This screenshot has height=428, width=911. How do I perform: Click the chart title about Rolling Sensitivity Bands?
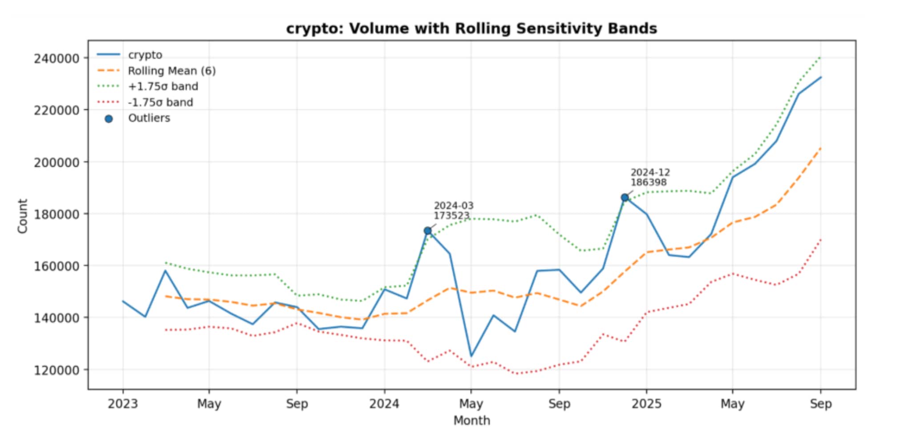pos(472,29)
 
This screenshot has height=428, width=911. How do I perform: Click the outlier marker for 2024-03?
pos(428,231)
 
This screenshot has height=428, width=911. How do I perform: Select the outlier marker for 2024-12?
pos(625,197)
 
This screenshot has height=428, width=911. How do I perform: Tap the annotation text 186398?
pos(649,183)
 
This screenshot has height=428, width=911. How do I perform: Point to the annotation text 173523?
pos(451,216)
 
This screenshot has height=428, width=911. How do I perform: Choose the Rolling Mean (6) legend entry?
pos(172,71)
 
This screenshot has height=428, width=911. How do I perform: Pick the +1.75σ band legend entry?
pos(163,86)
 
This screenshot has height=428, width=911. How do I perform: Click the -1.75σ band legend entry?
pos(160,102)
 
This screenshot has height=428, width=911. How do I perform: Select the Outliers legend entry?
pos(149,118)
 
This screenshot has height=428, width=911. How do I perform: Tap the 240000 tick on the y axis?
pos(56,58)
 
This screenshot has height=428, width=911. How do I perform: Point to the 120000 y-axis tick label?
pos(56,370)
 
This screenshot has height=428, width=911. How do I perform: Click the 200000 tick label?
pos(56,162)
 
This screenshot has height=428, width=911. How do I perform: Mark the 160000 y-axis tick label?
pos(56,266)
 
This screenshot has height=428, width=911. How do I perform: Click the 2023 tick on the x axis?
pos(123,404)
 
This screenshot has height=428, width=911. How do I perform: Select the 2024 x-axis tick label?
pos(384,404)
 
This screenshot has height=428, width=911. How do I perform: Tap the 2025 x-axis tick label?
pos(646,404)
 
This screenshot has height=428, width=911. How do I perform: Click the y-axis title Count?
pos(22,216)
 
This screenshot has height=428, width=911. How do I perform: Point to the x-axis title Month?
pos(472,420)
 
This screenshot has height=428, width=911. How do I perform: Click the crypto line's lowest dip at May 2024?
pos(471,356)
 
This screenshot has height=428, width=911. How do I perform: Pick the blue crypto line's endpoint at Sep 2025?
pos(821,77)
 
